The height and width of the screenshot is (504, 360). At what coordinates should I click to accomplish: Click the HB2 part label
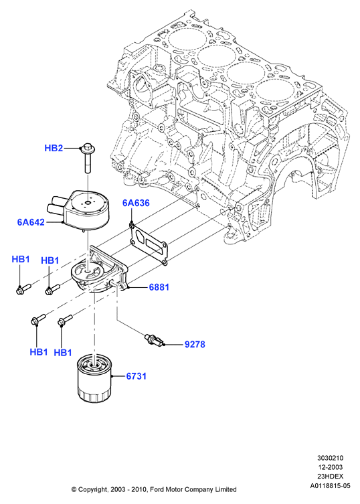(x=54, y=148)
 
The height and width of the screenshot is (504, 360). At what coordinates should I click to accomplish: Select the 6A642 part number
(x=31, y=222)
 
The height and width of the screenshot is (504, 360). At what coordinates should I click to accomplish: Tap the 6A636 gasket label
(x=136, y=203)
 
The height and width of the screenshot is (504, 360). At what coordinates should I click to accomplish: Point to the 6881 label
(x=159, y=287)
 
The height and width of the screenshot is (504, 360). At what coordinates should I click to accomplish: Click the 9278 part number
(x=195, y=345)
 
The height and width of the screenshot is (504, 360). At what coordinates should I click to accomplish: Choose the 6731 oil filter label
(x=137, y=376)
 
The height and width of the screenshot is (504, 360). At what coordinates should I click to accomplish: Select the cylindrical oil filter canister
(x=94, y=377)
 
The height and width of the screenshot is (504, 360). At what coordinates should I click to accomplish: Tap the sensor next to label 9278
(x=155, y=341)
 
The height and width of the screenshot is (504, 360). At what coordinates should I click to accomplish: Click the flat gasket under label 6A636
(x=149, y=243)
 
